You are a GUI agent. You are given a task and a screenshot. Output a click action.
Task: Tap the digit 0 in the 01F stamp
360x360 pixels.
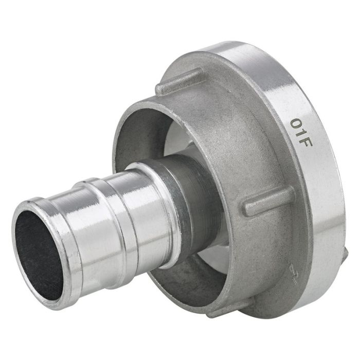pos(297,123)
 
